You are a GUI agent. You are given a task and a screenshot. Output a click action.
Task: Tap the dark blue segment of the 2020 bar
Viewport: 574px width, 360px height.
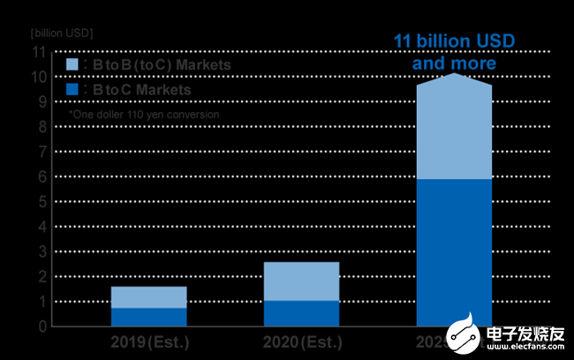coord(301,313)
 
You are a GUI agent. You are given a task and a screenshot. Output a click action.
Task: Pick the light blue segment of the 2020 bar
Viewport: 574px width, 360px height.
coord(301,281)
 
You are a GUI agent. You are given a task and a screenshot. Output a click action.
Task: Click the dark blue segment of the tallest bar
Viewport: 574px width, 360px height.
coord(454,252)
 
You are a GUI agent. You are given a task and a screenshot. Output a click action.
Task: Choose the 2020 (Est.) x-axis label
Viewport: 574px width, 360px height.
coord(303,342)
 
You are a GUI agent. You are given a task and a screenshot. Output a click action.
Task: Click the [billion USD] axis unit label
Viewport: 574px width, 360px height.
coord(61,33)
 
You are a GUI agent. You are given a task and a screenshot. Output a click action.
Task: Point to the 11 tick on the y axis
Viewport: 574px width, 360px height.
coord(37,52)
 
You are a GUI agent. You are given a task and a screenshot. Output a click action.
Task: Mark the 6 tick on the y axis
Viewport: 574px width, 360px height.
coord(40,176)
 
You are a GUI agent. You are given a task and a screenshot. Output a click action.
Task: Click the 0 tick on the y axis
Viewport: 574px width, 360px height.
coord(40,326)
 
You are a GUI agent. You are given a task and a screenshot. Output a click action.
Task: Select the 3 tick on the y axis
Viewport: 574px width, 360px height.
coord(40,251)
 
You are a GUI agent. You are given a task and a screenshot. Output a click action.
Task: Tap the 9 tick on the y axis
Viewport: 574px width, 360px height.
coord(40,101)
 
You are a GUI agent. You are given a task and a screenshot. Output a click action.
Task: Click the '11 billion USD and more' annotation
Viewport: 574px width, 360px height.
coord(454,53)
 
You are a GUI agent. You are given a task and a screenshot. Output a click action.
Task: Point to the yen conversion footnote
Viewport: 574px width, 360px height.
coord(144,114)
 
